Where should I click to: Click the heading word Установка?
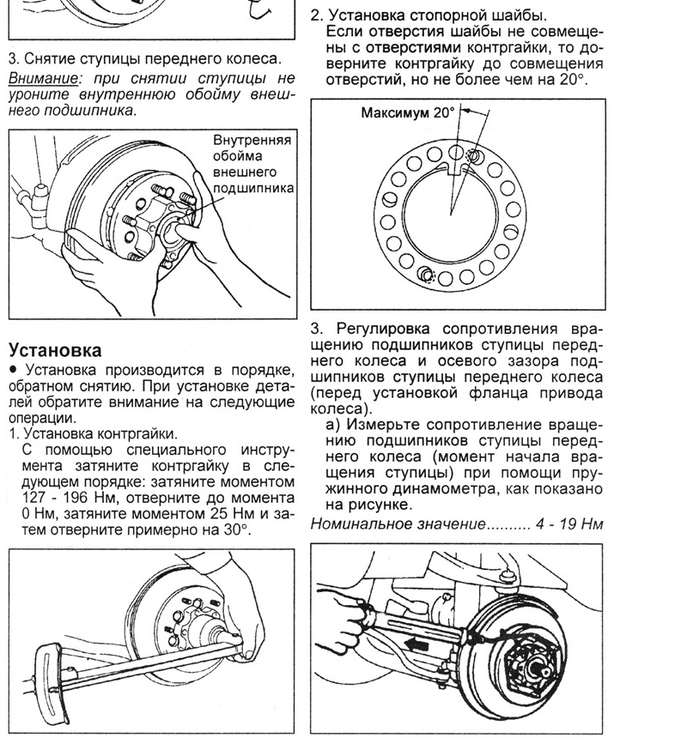tap(55, 350)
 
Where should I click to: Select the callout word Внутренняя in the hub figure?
tap(253, 141)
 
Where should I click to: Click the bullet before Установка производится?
tap(14, 371)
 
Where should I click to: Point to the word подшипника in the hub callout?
tap(254, 187)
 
